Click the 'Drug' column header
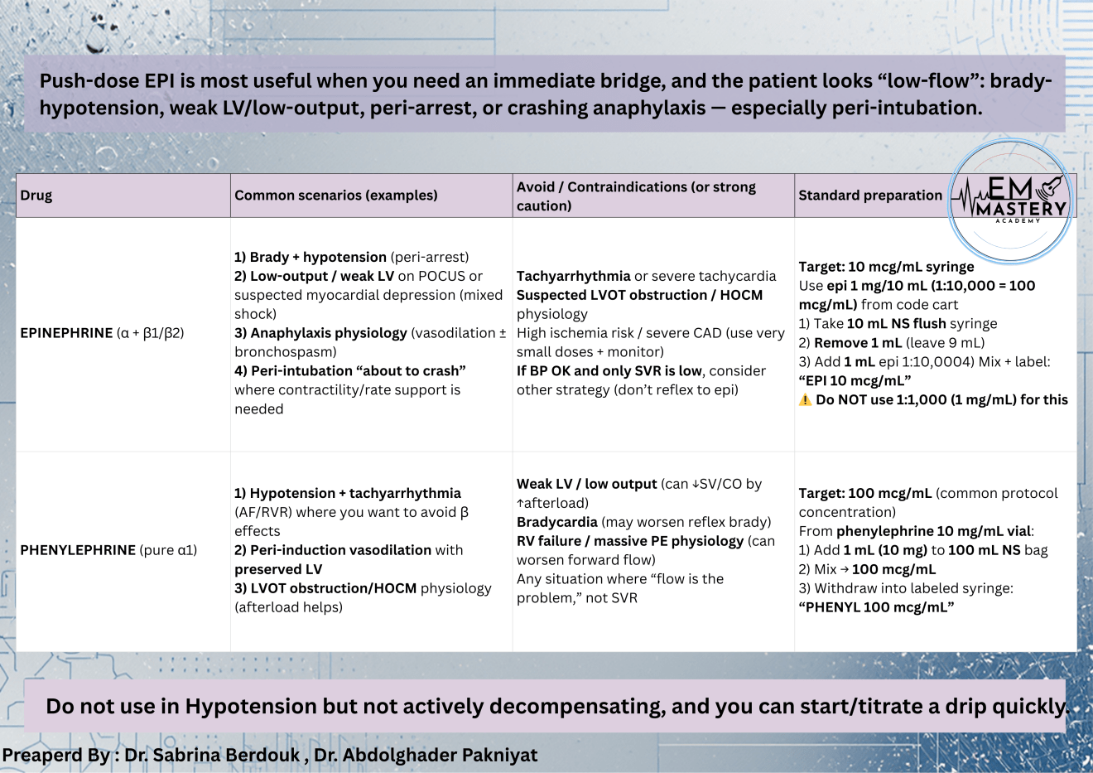(x=36, y=196)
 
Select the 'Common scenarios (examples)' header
(x=335, y=196)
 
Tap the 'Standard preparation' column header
(x=869, y=196)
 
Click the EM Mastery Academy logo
(x=1011, y=201)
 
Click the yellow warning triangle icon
(x=805, y=400)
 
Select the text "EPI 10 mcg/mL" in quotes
(x=855, y=381)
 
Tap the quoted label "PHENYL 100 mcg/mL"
(x=876, y=607)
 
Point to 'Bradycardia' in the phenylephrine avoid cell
(x=556, y=522)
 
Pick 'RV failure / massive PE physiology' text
(x=630, y=541)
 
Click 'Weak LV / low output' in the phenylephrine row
(x=586, y=484)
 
